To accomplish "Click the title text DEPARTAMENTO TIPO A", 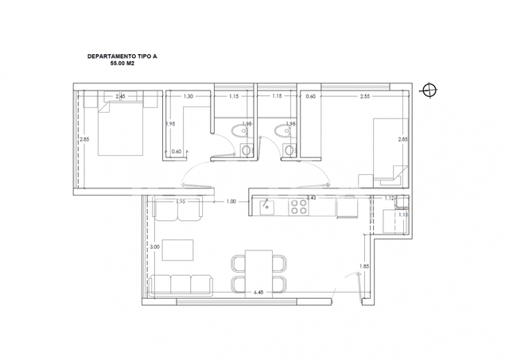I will (122, 57).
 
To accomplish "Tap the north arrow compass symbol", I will (429, 90).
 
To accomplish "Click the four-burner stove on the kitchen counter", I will (298, 207).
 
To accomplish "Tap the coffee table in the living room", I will (179, 249).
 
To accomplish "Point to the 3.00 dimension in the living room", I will (155, 247).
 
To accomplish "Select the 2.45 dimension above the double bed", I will (120, 97).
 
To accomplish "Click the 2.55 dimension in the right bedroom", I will (364, 96).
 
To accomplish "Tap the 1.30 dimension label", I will (188, 96).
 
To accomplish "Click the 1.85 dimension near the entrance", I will (363, 266).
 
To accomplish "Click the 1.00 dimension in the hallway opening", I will (231, 202).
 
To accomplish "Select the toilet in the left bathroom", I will (247, 149).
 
